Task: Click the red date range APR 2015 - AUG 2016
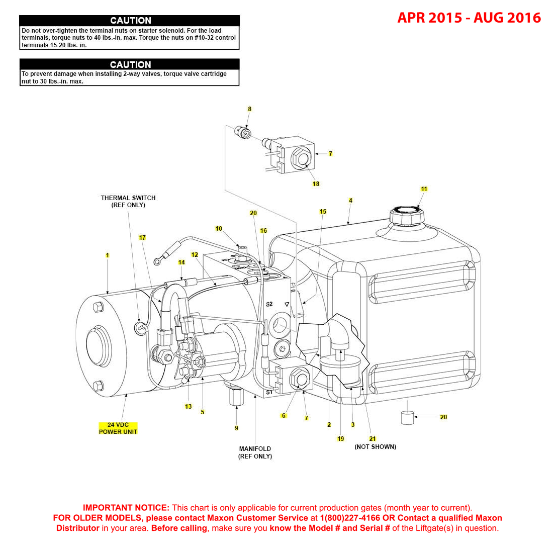pos(469,18)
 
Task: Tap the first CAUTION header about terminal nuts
pos(130,21)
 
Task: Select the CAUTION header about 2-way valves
pos(130,64)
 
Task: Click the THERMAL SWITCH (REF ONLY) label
pos(128,202)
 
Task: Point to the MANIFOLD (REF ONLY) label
pos(255,452)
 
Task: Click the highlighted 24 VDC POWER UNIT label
pos(118,428)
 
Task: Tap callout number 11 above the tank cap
pos(424,189)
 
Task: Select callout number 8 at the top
pos(249,109)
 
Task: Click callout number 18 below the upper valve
pos(316,183)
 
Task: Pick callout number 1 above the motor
pos(107,255)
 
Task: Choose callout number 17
pos(142,237)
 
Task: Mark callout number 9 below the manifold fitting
pos(236,428)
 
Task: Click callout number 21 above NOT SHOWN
pos(373,438)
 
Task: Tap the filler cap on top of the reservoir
pos(407,216)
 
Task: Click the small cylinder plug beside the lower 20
pos(407,418)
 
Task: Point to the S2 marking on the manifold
pos(269,304)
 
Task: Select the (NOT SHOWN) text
pos(375,447)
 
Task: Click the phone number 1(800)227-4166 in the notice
pos(350,518)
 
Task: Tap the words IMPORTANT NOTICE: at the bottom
pos(126,508)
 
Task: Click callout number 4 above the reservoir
pos(350,201)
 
